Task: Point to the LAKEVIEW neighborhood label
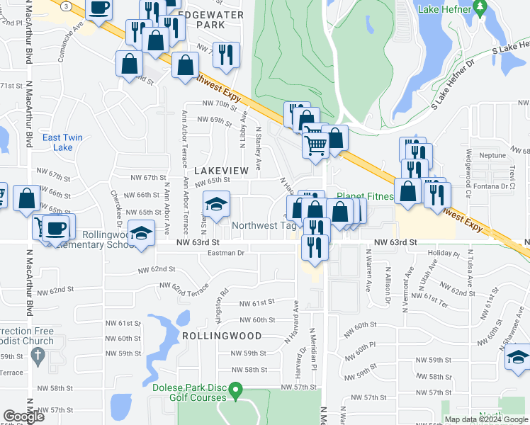(x=221, y=171)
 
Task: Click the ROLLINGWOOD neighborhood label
(x=222, y=336)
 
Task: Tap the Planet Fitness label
(x=364, y=196)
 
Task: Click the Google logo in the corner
(x=23, y=416)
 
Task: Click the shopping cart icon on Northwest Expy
(x=315, y=145)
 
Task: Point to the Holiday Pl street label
(x=444, y=253)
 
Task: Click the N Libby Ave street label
(x=242, y=128)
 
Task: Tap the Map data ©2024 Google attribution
(x=485, y=419)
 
